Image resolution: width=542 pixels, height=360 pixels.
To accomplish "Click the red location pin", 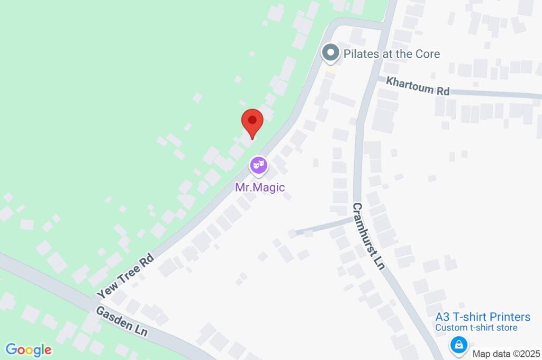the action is point(252,122).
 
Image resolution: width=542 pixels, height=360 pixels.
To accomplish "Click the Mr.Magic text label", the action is point(260,187).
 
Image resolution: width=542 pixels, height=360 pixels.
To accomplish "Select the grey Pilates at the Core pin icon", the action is point(331,53).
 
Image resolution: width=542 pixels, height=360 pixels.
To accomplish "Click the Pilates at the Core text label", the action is point(392,54).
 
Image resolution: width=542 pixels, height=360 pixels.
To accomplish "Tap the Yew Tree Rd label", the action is point(125,275).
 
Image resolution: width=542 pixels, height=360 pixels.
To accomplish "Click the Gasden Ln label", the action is point(122,321).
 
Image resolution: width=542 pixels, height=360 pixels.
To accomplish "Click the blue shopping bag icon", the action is point(457,346).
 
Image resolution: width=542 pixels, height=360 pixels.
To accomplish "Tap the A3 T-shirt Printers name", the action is point(483,317).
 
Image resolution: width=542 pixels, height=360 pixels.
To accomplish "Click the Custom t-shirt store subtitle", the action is point(476,328).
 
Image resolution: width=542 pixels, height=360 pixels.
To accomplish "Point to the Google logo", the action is point(29,349).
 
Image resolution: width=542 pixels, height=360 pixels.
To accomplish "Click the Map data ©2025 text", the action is point(505,354).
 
